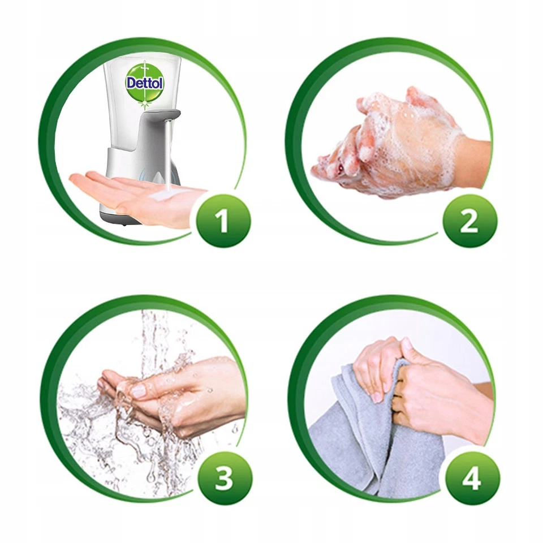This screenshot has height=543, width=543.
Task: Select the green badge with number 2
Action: coord(469,221)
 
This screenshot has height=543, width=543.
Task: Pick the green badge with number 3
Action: coord(223,478)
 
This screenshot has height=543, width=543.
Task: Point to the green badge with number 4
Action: coord(471,479)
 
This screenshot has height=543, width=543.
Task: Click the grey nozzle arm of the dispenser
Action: coord(163,118)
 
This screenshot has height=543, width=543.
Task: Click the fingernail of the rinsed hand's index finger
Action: coord(139,391)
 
